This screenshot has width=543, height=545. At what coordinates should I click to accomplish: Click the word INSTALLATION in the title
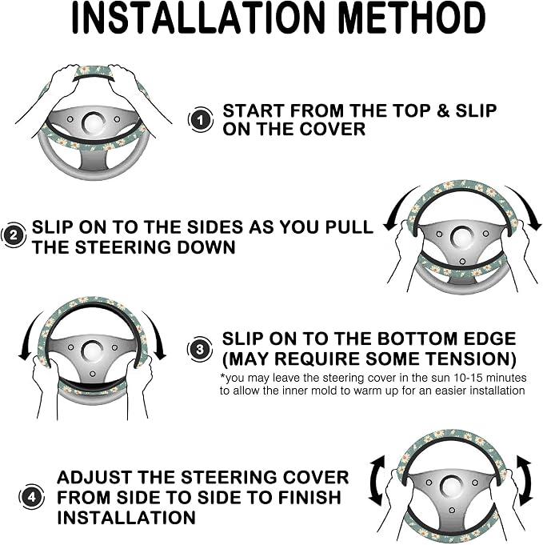(198, 18)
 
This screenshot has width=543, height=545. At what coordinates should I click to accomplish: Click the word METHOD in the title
(411, 18)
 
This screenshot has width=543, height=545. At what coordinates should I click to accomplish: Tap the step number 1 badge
(201, 119)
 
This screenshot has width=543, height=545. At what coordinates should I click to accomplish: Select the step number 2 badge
(14, 235)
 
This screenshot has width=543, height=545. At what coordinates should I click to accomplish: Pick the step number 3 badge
(200, 349)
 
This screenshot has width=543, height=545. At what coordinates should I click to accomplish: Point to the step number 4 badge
(31, 497)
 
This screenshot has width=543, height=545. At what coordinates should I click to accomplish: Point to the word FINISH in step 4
(310, 497)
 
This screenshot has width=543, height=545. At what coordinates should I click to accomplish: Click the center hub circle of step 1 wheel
(94, 123)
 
